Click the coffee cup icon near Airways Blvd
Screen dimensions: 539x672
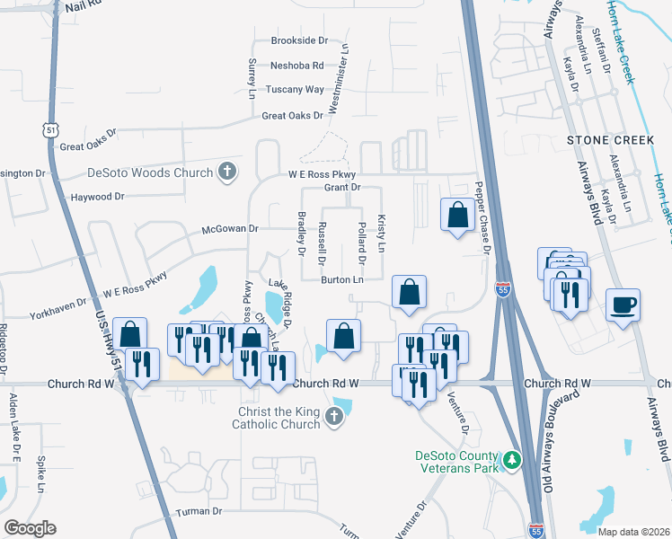click(623, 305)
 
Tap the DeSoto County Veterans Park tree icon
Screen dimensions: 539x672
click(511, 459)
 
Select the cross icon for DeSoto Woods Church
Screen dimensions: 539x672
click(227, 172)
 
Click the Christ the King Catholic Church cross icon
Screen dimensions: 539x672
click(334, 415)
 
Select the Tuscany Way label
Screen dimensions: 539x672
click(295, 90)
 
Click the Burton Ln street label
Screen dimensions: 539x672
click(342, 280)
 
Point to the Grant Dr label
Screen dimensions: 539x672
click(342, 188)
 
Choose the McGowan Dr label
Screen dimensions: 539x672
click(230, 229)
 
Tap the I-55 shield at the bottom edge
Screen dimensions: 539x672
click(535, 531)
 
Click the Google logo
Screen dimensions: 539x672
click(30, 527)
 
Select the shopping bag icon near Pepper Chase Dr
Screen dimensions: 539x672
click(457, 215)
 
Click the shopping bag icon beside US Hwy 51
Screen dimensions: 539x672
click(130, 334)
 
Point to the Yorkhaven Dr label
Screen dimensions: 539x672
click(57, 311)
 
